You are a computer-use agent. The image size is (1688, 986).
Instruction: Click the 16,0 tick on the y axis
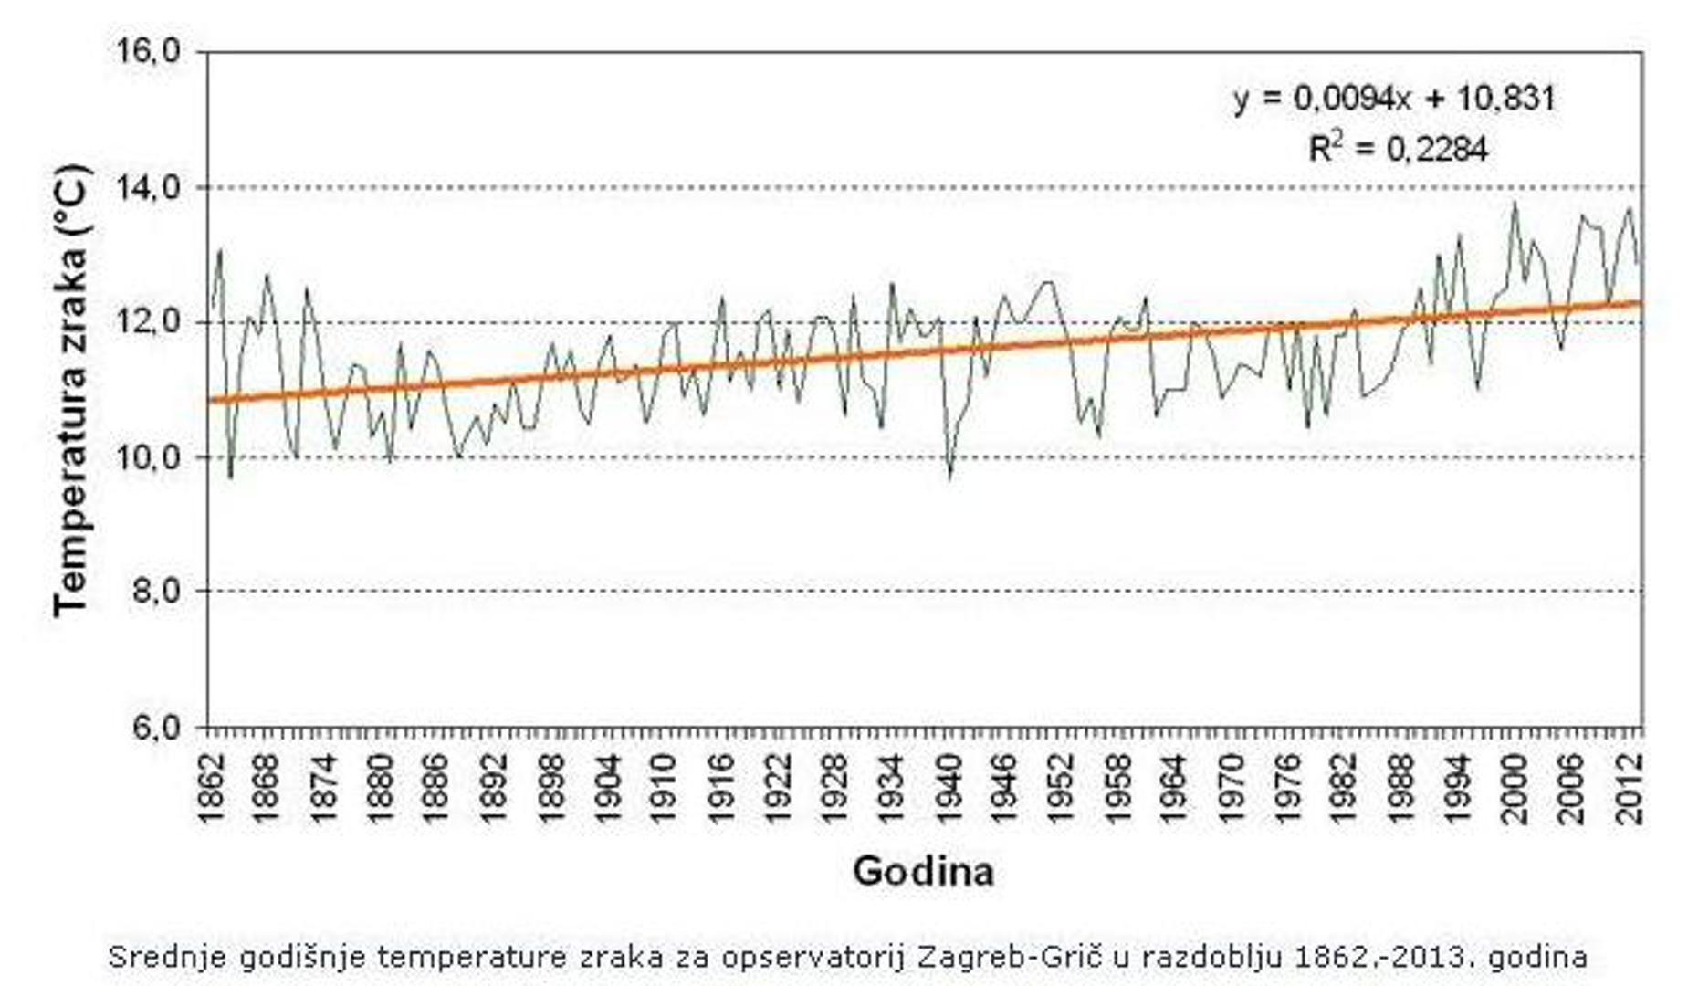tap(151, 51)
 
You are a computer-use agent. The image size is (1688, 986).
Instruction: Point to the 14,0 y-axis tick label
tap(151, 187)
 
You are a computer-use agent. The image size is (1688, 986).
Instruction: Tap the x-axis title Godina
tap(923, 871)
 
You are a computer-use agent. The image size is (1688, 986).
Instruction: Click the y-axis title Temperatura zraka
tap(71, 390)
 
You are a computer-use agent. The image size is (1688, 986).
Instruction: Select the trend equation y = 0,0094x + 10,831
tap(1393, 99)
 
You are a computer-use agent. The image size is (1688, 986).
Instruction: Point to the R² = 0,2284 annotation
tap(1398, 149)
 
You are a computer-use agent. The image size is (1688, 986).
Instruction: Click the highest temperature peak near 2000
tap(1515, 203)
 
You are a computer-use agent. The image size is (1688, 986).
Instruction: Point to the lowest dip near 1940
tap(950, 477)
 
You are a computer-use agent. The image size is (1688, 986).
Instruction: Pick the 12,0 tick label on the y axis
tap(151, 322)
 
